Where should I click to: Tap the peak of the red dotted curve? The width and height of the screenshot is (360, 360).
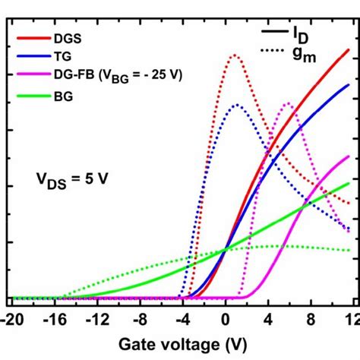pyautogui.click(x=234, y=55)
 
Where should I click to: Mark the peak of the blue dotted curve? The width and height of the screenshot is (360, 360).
pyautogui.click(x=237, y=105)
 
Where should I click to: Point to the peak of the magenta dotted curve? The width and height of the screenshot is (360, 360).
pyautogui.click(x=288, y=103)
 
